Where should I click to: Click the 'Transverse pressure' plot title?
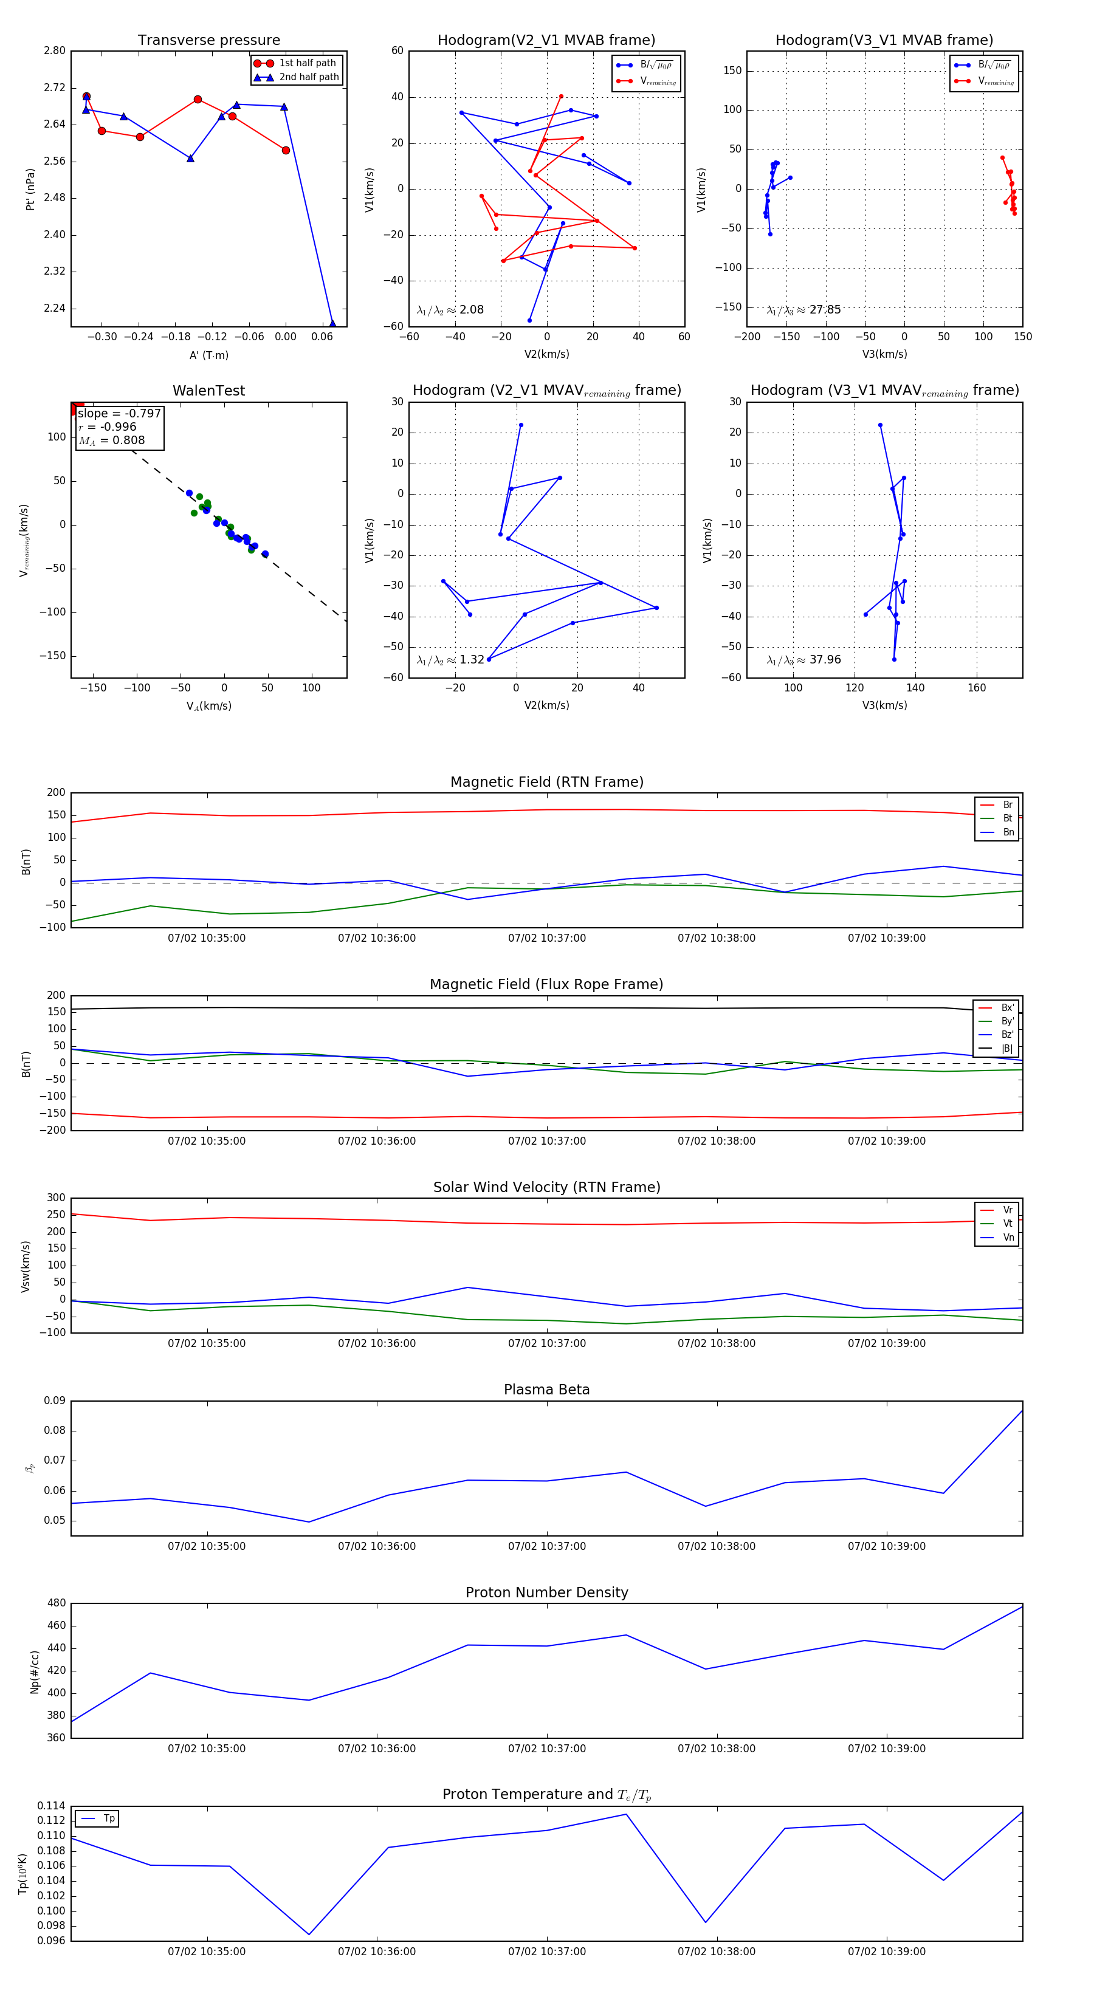tap(208, 41)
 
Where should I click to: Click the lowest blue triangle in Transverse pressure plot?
tap(332, 324)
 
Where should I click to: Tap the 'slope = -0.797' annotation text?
tap(119, 413)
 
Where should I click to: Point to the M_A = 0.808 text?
tap(111, 440)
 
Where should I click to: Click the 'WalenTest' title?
tap(208, 391)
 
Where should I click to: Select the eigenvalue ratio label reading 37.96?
tap(803, 660)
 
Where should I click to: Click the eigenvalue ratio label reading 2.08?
tap(450, 310)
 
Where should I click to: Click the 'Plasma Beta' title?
tap(546, 1390)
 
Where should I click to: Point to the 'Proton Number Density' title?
tap(546, 1592)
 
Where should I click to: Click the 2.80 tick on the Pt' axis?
tap(55, 50)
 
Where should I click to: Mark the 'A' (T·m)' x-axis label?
tap(208, 355)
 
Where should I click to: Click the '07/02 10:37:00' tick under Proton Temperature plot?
tap(546, 1952)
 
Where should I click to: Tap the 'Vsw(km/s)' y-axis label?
tap(26, 1266)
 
